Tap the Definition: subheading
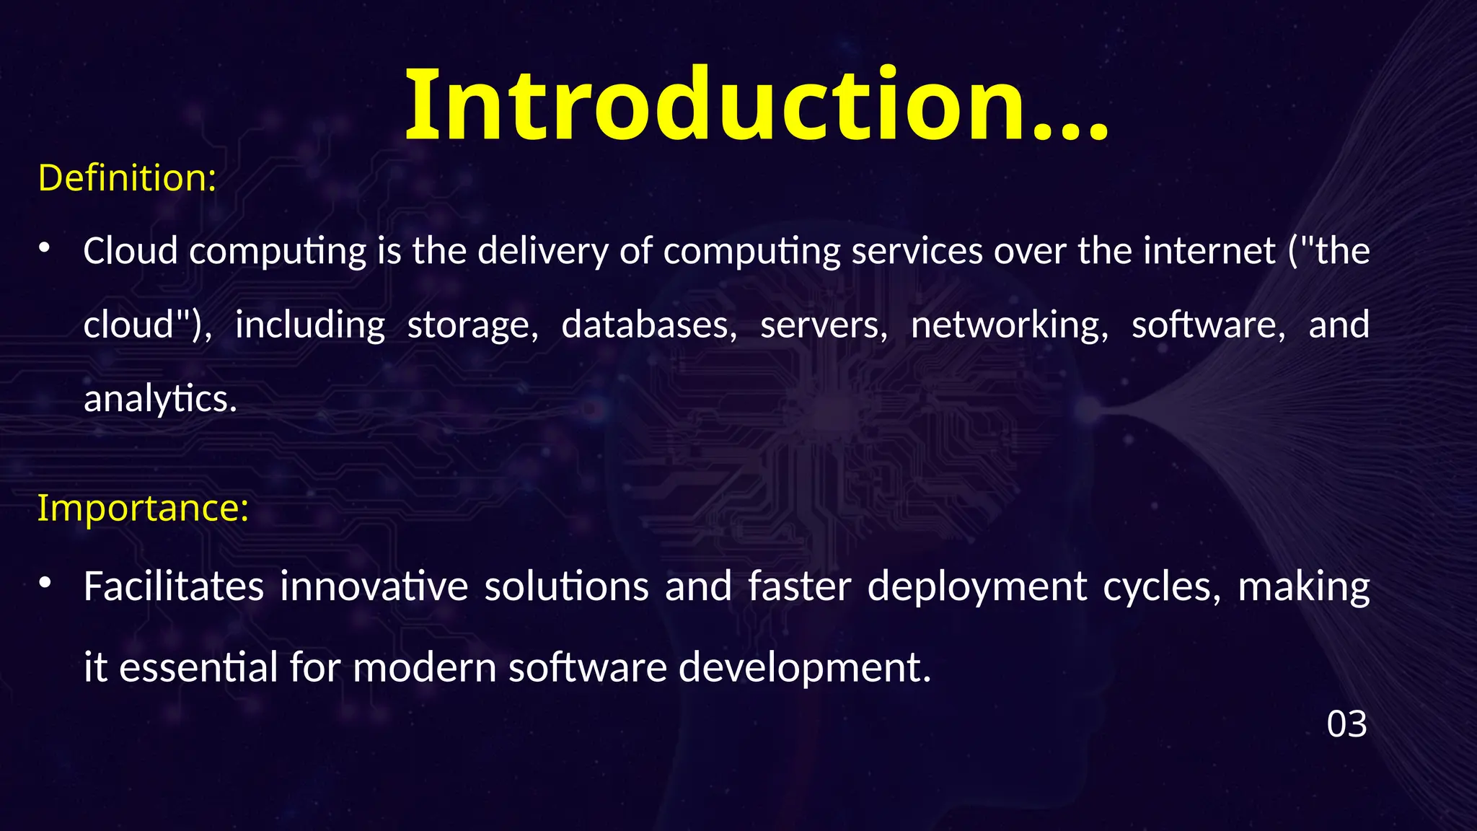point(127,177)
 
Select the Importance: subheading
point(143,507)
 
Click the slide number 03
point(1346,724)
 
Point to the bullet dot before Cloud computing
point(44,248)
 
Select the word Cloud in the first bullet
point(131,251)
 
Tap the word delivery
point(542,251)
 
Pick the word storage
point(472,325)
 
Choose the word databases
point(649,325)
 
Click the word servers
point(824,325)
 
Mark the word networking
point(1010,325)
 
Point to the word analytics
point(160,399)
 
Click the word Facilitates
point(173,586)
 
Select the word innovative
point(374,586)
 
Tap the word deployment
point(977,587)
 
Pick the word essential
point(198,667)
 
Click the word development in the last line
point(805,668)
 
